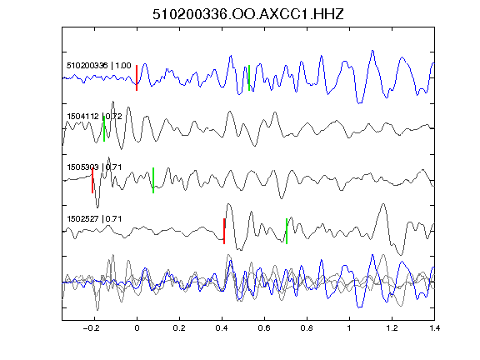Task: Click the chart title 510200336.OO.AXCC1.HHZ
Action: pos(248,14)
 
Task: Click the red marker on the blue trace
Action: pos(137,77)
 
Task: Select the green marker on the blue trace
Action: pos(249,77)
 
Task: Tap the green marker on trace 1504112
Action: pos(104,129)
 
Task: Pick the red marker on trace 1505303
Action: pos(92,180)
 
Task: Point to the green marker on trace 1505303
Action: pos(153,180)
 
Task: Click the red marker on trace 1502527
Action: pos(224,231)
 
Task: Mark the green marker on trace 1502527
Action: pos(287,231)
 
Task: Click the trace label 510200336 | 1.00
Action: pos(99,66)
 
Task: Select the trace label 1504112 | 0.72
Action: pos(94,117)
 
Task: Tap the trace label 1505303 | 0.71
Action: pos(94,167)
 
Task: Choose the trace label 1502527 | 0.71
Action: pos(94,219)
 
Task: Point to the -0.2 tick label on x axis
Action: pos(91,328)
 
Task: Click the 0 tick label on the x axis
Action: pos(137,328)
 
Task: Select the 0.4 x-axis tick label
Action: pos(222,328)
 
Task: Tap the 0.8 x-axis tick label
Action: pos(307,328)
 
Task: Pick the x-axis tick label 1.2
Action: pos(392,328)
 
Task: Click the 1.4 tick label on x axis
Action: pos(434,328)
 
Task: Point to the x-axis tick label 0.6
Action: pos(264,328)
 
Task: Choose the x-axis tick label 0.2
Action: pos(179,328)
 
